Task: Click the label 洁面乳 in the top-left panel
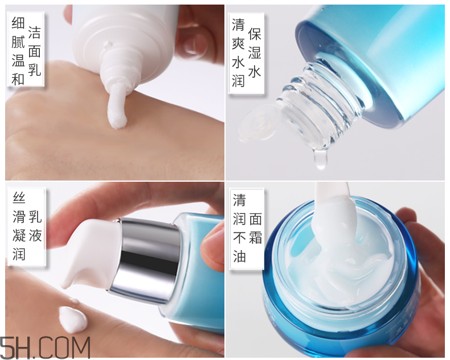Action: (34, 52)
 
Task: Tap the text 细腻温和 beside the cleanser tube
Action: (18, 52)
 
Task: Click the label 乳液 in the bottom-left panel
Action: (35, 226)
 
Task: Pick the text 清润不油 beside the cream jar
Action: (239, 228)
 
